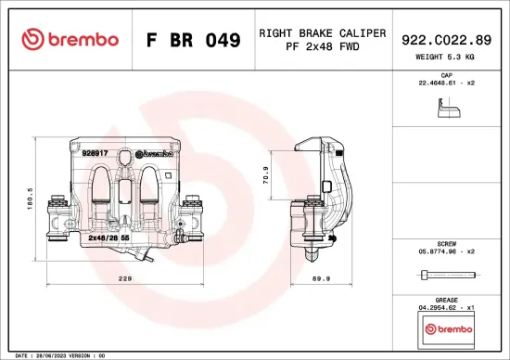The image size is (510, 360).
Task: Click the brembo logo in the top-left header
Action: tap(70, 40)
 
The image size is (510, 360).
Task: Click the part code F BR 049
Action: tap(194, 40)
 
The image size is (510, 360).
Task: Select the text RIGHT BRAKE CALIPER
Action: tap(322, 32)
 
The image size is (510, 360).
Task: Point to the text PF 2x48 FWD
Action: tap(322, 46)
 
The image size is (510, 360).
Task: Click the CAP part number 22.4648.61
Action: tap(445, 83)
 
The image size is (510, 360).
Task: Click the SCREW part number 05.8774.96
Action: tap(445, 251)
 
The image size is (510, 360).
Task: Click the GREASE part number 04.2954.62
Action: tap(445, 306)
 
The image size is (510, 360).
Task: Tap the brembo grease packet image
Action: tap(446, 329)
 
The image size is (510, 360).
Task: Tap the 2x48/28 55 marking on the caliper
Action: tap(108, 238)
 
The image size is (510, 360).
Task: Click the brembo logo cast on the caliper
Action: tap(154, 154)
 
